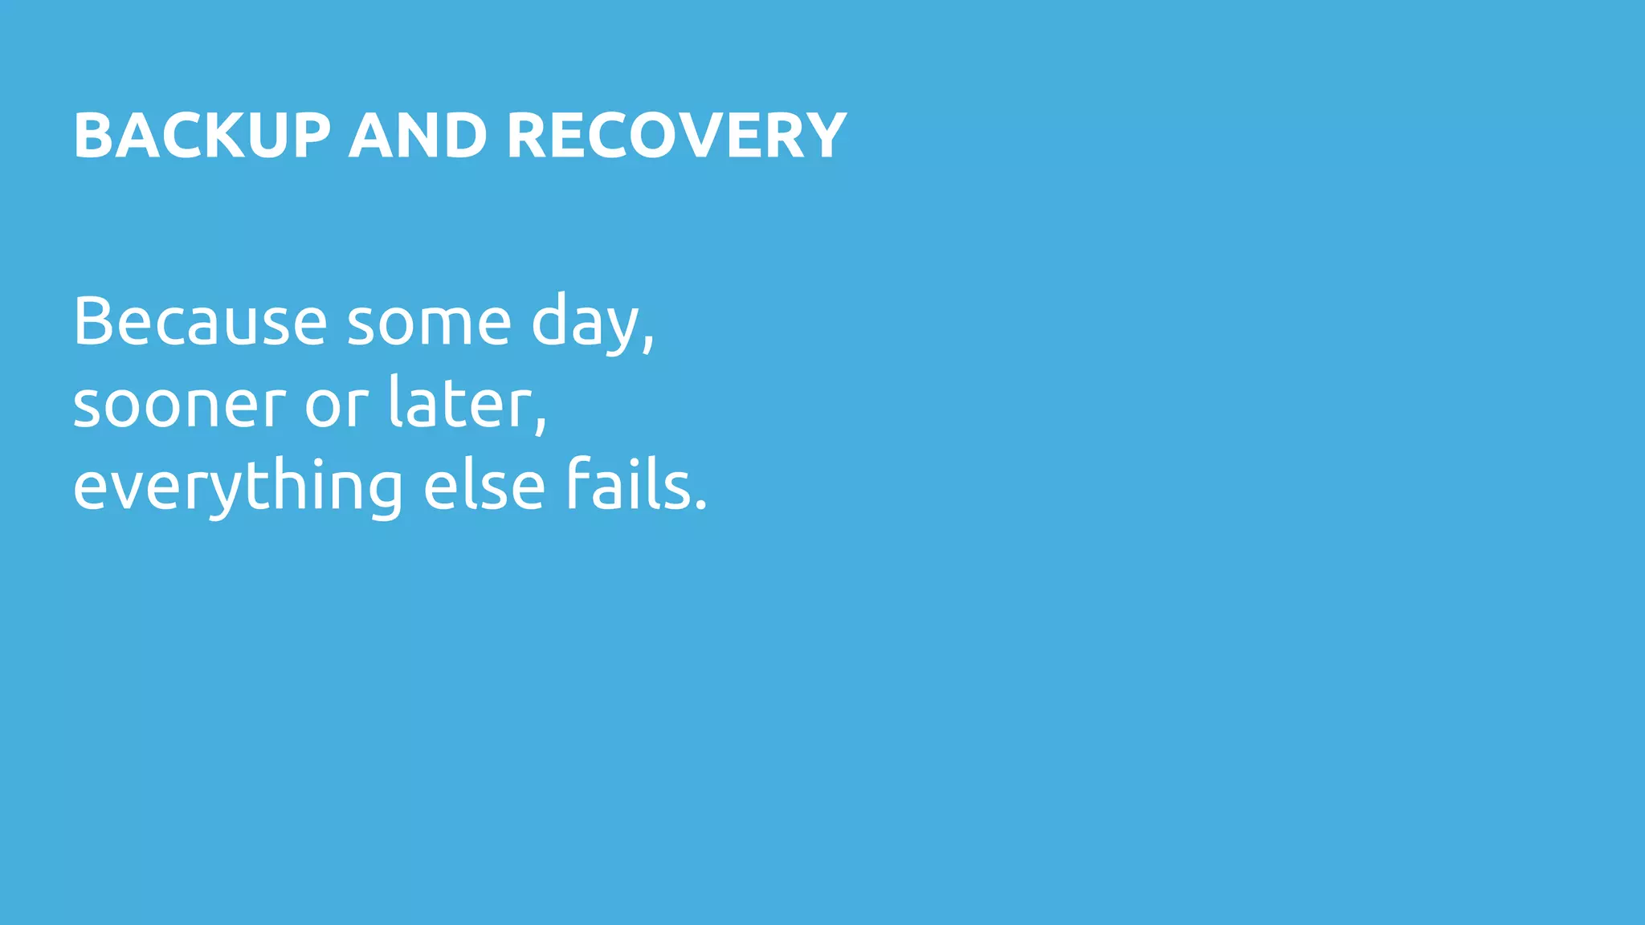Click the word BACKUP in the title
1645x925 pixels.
point(202,136)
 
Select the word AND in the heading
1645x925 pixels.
point(418,136)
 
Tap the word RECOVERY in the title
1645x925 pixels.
point(676,136)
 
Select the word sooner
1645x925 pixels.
point(179,405)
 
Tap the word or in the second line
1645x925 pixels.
point(337,405)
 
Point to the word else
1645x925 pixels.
point(484,486)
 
